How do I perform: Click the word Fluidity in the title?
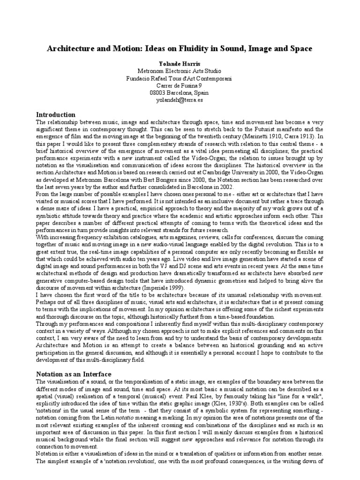pyautogui.click(x=198, y=48)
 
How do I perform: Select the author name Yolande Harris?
pyautogui.click(x=180, y=63)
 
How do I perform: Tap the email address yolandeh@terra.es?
pyautogui.click(x=180, y=99)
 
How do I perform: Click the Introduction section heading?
pyautogui.click(x=56, y=114)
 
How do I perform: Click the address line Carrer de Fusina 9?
pyautogui.click(x=180, y=85)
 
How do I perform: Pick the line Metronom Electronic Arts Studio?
pyautogui.click(x=180, y=71)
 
